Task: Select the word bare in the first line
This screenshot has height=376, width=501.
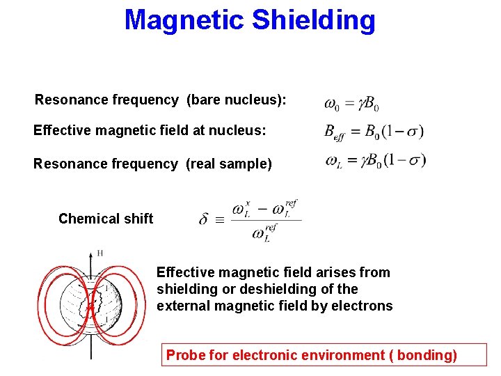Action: click(204, 100)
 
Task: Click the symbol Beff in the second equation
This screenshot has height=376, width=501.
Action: click(335, 132)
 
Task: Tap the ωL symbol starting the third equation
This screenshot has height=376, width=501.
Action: click(333, 161)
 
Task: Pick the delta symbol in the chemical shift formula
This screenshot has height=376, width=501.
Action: click(203, 219)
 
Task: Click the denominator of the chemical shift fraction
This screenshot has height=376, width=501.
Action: click(265, 233)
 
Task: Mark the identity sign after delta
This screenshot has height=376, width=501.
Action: click(220, 220)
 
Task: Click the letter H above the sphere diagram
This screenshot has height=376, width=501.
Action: click(100, 253)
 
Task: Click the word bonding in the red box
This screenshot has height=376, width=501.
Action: click(426, 356)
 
